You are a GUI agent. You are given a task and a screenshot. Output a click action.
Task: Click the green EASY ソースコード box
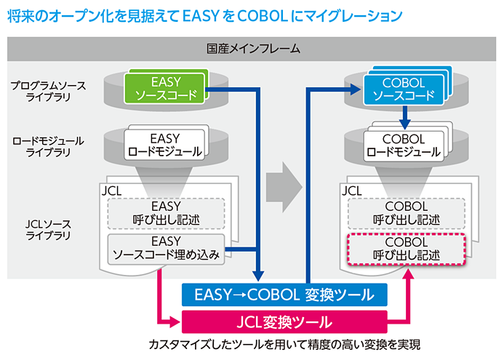click(x=167, y=88)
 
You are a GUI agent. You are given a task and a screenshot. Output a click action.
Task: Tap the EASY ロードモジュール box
click(x=167, y=145)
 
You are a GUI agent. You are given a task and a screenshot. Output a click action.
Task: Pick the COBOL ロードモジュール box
click(x=404, y=145)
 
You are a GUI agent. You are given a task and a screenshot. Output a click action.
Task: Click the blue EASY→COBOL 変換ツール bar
click(x=284, y=295)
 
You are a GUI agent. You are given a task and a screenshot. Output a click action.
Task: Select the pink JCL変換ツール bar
click(x=284, y=321)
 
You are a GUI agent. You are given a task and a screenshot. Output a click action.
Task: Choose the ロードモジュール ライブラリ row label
click(x=47, y=145)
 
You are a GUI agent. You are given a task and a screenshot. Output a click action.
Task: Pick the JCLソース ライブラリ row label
click(x=47, y=229)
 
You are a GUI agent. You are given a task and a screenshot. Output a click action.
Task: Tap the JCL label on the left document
click(x=112, y=191)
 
